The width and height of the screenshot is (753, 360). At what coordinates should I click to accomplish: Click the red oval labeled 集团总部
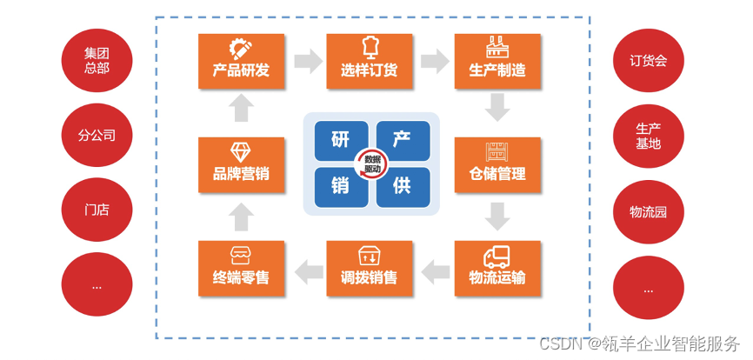[x=97, y=60]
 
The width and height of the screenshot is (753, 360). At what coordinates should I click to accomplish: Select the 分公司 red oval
[x=97, y=135]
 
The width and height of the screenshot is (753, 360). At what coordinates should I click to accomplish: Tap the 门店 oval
[x=97, y=210]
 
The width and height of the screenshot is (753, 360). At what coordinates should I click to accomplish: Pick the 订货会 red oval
[x=648, y=60]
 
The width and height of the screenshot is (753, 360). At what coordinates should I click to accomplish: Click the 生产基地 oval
[x=648, y=135]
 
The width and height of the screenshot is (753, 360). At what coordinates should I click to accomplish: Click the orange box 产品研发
[x=241, y=61]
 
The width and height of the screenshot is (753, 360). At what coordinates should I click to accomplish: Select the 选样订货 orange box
[x=370, y=61]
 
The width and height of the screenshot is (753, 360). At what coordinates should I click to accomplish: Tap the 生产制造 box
[x=497, y=61]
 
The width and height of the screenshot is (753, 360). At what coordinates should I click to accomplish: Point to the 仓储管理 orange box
[x=497, y=164]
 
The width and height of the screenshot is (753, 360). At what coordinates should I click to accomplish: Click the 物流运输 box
[x=497, y=268]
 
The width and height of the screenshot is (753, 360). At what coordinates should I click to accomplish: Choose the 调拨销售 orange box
[x=370, y=268]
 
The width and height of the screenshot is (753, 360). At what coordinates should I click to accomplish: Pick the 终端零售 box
[x=241, y=268]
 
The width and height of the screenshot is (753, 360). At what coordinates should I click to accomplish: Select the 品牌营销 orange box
[x=241, y=164]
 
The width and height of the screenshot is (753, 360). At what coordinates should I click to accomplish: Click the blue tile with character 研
[x=340, y=141]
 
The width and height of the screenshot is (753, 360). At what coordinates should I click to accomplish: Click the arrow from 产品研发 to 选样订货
[x=306, y=61]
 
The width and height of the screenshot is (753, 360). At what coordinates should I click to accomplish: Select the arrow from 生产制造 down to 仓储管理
[x=497, y=109]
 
